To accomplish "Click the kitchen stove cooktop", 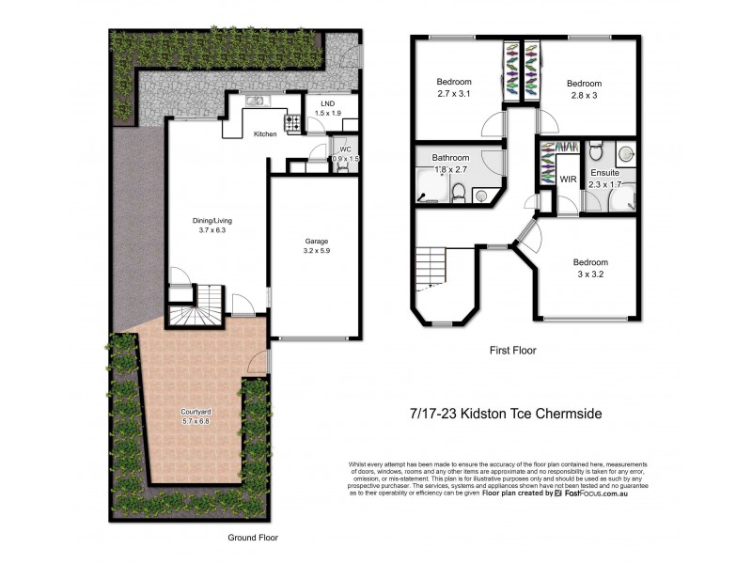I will click(291, 121).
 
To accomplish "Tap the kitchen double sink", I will click(255, 102).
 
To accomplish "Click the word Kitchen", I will click(265, 134).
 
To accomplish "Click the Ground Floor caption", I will click(253, 538).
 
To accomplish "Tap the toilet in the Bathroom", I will click(458, 194).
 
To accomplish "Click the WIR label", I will click(568, 179).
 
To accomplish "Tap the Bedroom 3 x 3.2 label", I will click(591, 268).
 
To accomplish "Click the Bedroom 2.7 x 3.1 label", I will click(454, 87).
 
